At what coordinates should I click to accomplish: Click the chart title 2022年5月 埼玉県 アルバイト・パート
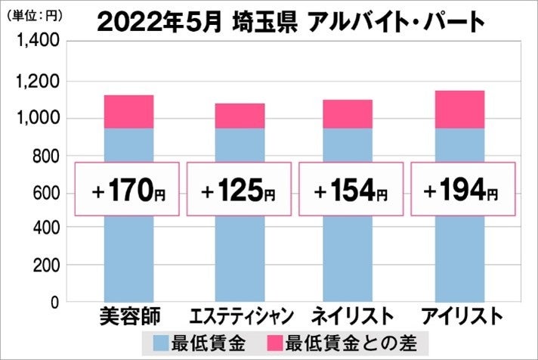point(291,22)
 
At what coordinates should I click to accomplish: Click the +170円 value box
point(128,189)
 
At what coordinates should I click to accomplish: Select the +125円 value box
point(239,189)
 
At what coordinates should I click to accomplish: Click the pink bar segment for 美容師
point(128,112)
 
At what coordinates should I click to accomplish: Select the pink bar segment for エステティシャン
point(239,116)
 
